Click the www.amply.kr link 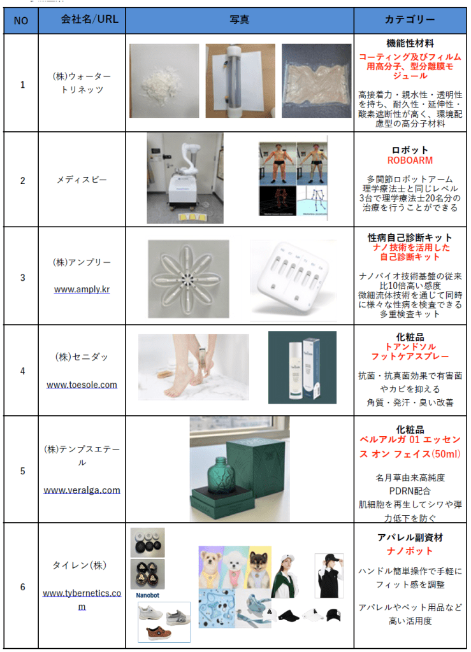[x=82, y=290]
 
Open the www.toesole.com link [x=82, y=385]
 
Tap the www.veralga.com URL [x=82, y=490]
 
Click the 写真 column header [x=240, y=20]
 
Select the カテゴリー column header [x=410, y=20]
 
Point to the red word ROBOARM [x=410, y=160]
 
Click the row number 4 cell [x=22, y=371]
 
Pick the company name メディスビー [x=82, y=180]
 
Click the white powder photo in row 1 [x=164, y=81]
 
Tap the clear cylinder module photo [x=240, y=81]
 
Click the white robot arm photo [x=185, y=178]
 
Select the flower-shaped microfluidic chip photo [x=189, y=279]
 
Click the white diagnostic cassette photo [x=293, y=280]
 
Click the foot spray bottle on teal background [x=303, y=367]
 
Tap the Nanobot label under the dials [x=148, y=595]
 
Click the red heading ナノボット [x=410, y=551]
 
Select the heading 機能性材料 [x=410, y=43]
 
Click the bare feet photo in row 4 [x=194, y=367]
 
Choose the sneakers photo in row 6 [x=164, y=622]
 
